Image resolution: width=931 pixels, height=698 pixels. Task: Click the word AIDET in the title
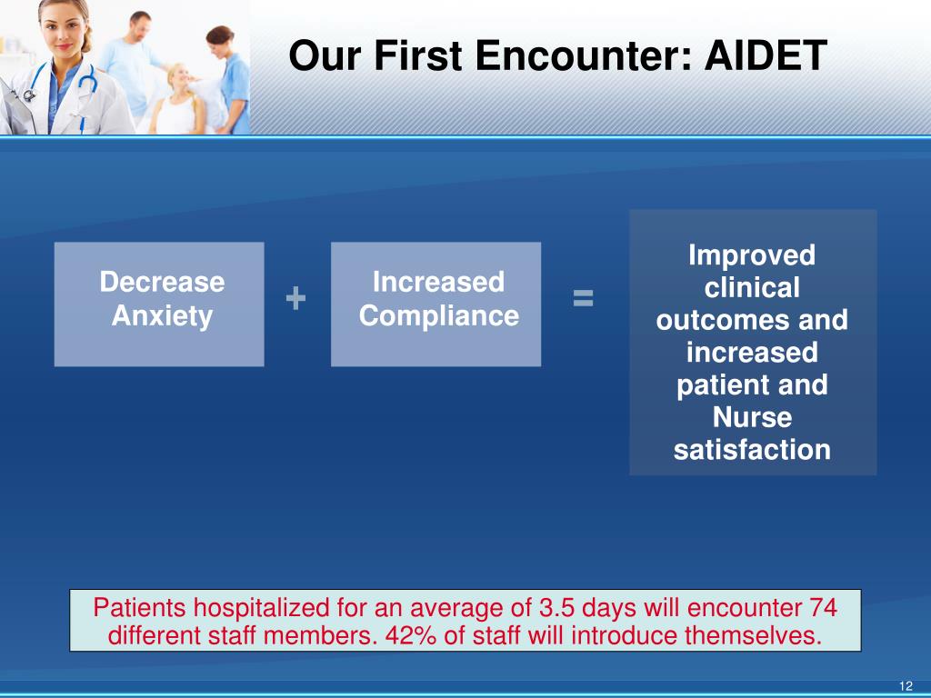pos(766,55)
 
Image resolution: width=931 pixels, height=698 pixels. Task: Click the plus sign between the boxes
pos(295,298)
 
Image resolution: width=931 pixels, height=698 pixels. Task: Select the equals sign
pos(583,298)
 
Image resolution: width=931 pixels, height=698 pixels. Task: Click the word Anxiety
pos(162,316)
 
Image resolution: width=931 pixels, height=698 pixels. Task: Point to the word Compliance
pos(439,315)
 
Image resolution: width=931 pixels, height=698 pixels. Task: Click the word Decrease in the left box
pos(162,282)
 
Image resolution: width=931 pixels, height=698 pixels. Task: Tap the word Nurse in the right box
pos(752,417)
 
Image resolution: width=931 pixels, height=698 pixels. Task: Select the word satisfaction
pos(752,450)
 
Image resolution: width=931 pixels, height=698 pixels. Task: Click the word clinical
pos(752,288)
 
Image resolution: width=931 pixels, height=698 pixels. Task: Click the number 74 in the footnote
pos(823,608)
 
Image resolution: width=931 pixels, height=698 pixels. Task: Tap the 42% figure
pos(411,635)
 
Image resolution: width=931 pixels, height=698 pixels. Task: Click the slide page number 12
pos(906,686)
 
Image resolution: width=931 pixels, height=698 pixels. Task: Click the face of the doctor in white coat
pos(65,33)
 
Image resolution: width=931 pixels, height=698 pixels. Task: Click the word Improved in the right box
pos(752,255)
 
